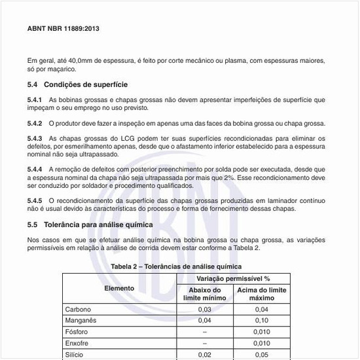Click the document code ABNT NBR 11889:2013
[63, 29]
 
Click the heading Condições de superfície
[85, 84]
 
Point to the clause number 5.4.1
[35, 99]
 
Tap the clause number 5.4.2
[35, 123]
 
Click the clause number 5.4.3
[35, 139]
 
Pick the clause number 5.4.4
[35, 170]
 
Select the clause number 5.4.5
[35, 200]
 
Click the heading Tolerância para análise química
[98, 225]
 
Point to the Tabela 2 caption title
[176, 266]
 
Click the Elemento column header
[119, 288]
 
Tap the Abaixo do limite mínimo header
[205, 294]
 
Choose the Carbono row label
[78, 309]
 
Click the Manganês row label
[81, 320]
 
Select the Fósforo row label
[77, 332]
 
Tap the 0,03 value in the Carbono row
[205, 309]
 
